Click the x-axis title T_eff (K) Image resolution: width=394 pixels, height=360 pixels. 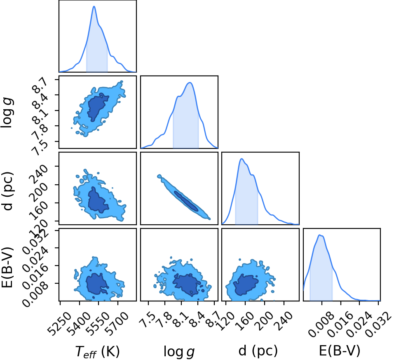click(98, 351)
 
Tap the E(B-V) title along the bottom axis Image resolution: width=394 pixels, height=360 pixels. click(340, 351)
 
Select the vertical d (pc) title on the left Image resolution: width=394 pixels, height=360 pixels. click(7, 191)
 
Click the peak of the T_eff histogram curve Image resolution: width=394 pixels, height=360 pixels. click(94, 6)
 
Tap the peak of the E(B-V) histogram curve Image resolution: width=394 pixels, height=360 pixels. click(320, 235)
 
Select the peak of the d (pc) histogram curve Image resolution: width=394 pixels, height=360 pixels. click(242, 159)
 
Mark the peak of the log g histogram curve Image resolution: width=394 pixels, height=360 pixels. click(190, 83)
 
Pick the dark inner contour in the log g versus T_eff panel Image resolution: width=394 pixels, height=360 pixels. click(97, 107)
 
